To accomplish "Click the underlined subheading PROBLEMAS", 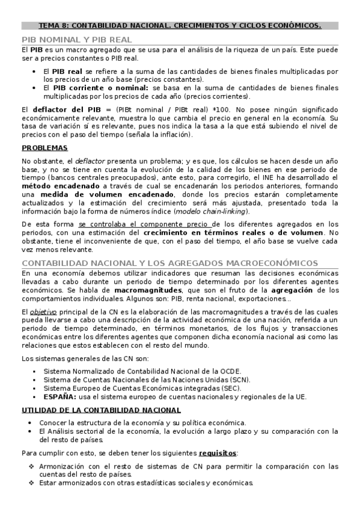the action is click(x=44, y=148).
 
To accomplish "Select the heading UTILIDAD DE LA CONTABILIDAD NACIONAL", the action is click(x=101, y=410).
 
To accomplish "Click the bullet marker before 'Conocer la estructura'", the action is click(x=31, y=423).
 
